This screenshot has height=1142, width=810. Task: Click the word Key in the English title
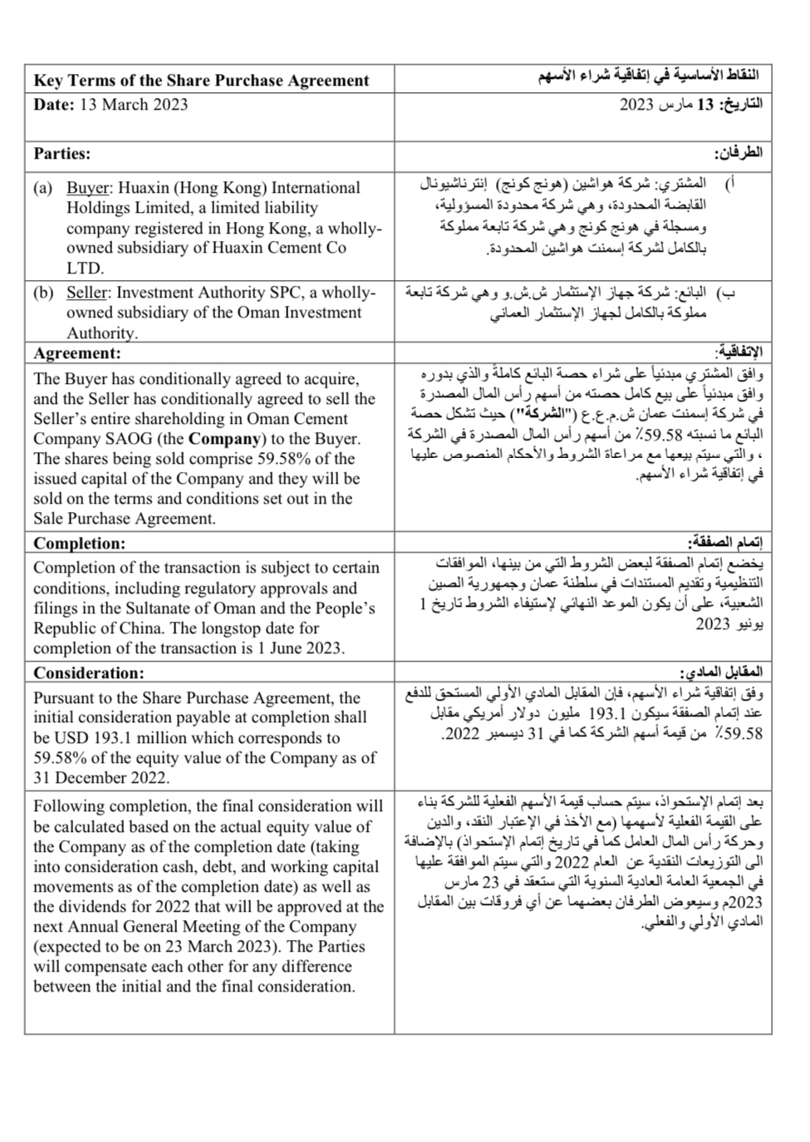[47, 81]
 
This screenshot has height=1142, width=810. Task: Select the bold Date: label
[54, 105]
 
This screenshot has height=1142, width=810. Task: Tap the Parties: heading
[62, 154]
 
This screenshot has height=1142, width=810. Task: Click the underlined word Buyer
[87, 188]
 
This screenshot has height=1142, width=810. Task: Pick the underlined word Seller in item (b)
[87, 293]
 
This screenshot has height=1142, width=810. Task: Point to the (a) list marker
[43, 188]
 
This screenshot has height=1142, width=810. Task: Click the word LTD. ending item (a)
[85, 268]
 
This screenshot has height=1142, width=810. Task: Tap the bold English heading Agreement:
[77, 354]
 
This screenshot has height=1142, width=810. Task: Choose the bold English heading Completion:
[80, 544]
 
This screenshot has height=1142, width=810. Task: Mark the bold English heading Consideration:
[89, 673]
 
